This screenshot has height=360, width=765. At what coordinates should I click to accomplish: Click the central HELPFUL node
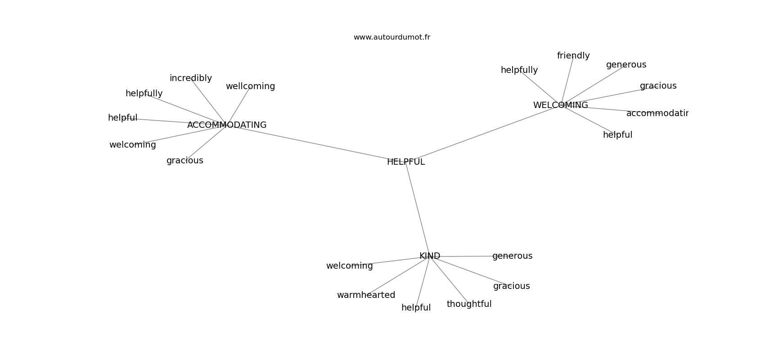(x=406, y=162)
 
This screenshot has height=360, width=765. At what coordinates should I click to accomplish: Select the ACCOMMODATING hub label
(x=227, y=125)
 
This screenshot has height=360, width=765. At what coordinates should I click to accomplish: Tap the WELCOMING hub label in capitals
(x=560, y=105)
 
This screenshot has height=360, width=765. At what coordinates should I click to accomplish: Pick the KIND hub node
(x=430, y=256)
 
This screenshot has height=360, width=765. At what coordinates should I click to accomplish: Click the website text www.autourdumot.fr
(x=391, y=37)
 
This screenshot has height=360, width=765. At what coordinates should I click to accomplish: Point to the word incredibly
(x=190, y=78)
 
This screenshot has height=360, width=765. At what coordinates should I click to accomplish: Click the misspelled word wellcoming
(x=250, y=86)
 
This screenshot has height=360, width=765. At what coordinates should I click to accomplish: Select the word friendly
(x=573, y=56)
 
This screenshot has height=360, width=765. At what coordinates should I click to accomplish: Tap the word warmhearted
(x=366, y=295)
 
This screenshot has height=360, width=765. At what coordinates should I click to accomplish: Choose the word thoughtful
(x=469, y=304)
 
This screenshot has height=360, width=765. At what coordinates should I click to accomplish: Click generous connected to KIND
(x=512, y=256)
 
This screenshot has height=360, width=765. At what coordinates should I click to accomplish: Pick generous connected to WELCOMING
(x=626, y=65)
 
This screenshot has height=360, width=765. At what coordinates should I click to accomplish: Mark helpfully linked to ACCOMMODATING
(x=144, y=94)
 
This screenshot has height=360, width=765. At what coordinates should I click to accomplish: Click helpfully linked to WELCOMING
(x=519, y=70)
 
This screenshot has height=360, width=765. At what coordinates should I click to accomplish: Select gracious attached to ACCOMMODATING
(x=185, y=161)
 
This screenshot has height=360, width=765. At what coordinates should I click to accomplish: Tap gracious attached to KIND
(x=511, y=286)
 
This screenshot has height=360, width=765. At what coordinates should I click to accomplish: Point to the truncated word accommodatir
(x=657, y=113)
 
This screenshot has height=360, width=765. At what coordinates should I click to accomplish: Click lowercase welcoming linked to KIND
(x=349, y=266)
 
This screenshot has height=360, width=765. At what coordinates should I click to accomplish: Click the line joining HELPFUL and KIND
(x=418, y=210)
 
